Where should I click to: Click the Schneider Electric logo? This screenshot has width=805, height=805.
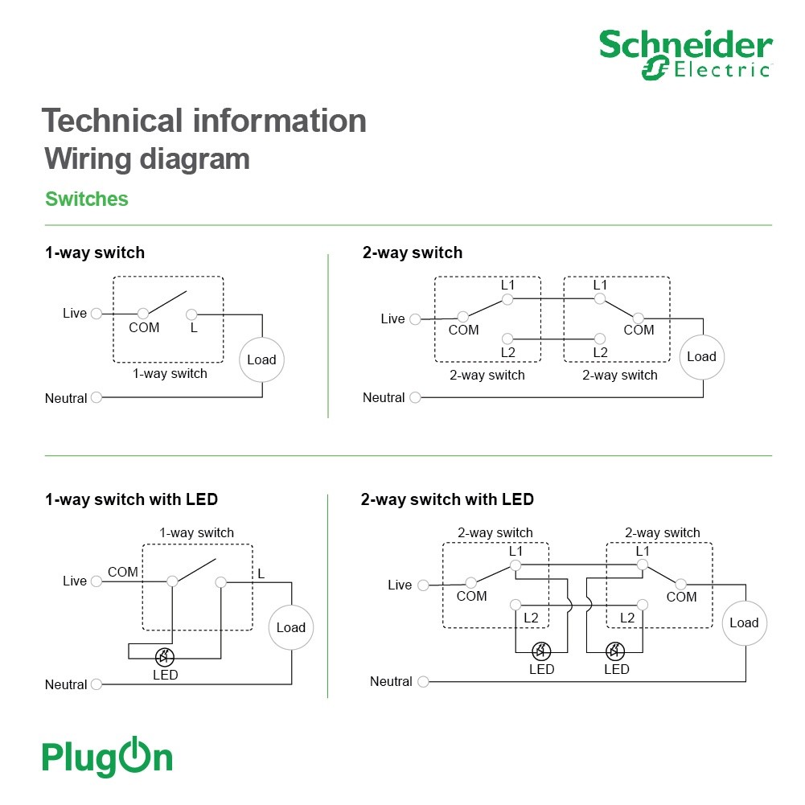[x=685, y=55]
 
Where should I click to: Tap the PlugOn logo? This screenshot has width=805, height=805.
[x=107, y=756]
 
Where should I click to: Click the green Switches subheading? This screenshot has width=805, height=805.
[x=87, y=199]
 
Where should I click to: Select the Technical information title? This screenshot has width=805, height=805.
[x=204, y=121]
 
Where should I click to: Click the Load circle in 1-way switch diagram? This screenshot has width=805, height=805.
[x=262, y=359]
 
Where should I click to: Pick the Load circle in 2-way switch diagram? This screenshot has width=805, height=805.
[x=702, y=357]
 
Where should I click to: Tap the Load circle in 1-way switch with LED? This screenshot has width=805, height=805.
[x=291, y=627]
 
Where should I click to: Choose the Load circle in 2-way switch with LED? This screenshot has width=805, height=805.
[x=745, y=622]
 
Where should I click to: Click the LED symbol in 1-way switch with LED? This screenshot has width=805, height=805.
[x=164, y=657]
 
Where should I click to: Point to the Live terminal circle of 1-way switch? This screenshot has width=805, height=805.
[x=96, y=313]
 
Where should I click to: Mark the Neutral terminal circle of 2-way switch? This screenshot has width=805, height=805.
[x=415, y=397]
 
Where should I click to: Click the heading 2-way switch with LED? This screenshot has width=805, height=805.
[x=447, y=499]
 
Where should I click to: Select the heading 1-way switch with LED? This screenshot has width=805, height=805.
[x=131, y=499]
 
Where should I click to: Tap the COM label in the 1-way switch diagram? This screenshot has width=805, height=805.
[x=144, y=327]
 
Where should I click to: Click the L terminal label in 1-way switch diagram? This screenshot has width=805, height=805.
[x=194, y=327]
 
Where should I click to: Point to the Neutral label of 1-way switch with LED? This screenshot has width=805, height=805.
[x=66, y=684]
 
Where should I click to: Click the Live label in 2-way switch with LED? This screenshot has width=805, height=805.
[x=400, y=585]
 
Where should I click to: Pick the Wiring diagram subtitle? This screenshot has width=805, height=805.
[x=147, y=158]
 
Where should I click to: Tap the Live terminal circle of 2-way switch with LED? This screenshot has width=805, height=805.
[x=423, y=585]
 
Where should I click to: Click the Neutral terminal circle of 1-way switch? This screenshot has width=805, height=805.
[x=96, y=397]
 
